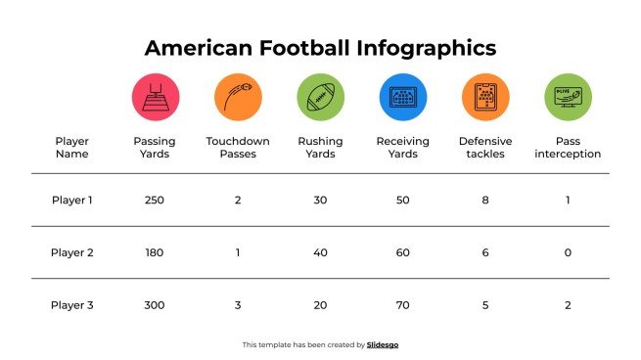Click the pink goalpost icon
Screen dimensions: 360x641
pos(155,97)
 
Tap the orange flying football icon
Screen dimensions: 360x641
pos(238,97)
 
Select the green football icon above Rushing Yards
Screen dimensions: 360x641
pos(320,97)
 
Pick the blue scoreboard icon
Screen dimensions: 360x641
pos(402,97)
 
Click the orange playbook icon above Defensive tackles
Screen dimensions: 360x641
pos(485,97)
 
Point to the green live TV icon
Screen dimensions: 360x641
pos(568,97)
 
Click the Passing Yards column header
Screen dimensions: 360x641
pos(155,148)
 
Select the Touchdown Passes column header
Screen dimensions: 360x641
pos(238,148)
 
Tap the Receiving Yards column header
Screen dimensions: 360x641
pos(402,148)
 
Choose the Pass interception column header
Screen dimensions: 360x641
pos(568,148)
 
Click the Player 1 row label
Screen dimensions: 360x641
pos(72,201)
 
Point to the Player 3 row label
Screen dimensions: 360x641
pos(72,305)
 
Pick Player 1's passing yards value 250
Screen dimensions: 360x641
pos(155,201)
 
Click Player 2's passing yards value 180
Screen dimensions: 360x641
pos(155,252)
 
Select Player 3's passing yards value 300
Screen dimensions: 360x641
pos(155,305)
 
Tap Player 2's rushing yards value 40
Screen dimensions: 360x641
pos(320,252)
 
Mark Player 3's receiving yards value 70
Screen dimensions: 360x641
pos(402,305)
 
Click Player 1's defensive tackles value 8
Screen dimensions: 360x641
pos(485,201)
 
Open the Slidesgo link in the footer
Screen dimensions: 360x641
pos(383,344)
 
